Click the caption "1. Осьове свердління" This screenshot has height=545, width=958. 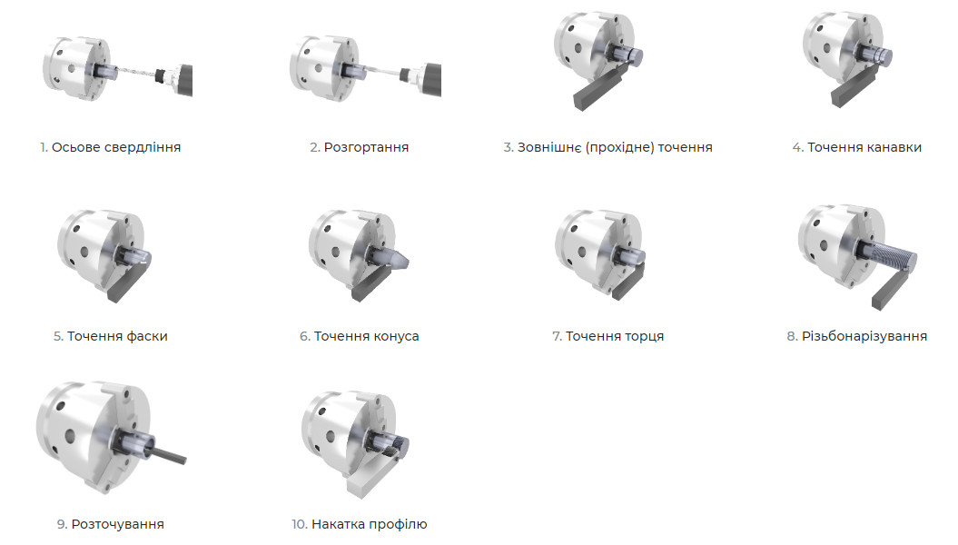click(110, 147)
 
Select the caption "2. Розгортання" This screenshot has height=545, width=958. click(359, 147)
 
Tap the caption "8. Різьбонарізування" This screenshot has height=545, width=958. click(856, 336)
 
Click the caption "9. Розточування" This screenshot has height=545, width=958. click(110, 524)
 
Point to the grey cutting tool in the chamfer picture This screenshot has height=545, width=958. click(128, 284)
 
